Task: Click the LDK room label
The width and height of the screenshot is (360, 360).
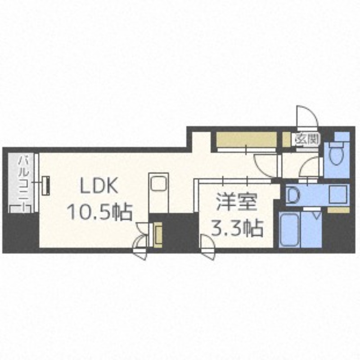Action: tap(99, 185)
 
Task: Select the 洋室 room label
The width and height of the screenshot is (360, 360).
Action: tap(237, 202)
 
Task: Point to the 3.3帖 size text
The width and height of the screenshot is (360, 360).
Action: tap(237, 228)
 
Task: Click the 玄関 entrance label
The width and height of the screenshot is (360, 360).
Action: tap(307, 139)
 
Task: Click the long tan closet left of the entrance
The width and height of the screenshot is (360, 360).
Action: tap(246, 140)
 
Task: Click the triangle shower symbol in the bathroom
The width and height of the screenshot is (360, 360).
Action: tap(317, 216)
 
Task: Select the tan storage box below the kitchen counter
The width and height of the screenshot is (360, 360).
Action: tap(158, 234)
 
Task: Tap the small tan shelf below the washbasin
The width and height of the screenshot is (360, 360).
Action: tap(339, 210)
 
